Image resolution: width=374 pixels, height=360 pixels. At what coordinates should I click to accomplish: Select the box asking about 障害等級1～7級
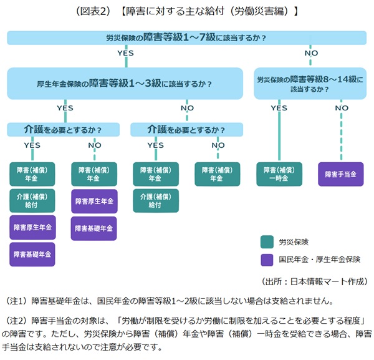186,38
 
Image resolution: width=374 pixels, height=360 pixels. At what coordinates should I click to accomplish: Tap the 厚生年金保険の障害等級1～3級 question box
125,83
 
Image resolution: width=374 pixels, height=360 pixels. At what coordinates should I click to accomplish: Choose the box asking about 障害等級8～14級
309,84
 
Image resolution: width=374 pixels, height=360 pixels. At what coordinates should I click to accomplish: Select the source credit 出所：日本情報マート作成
314,281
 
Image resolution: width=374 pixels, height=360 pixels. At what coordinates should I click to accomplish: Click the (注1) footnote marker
16,301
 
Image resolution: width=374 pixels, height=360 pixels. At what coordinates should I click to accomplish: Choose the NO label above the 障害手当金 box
341,108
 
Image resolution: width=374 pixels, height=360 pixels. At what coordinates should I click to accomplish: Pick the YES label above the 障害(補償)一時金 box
279,108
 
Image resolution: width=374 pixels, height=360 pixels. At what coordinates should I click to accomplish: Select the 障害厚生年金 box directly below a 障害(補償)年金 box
93,201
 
